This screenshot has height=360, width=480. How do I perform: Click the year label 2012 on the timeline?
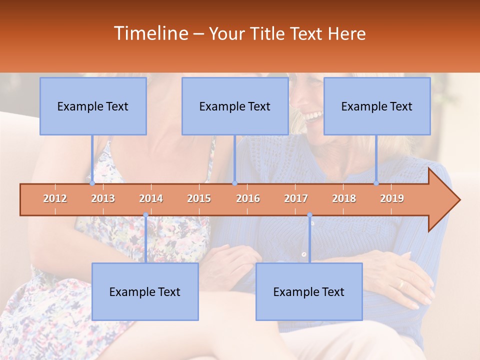[x=55, y=198]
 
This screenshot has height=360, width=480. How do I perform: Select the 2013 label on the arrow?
[x=103, y=198]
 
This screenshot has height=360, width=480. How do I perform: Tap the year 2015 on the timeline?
[x=199, y=198]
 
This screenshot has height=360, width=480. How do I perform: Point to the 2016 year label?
[x=248, y=198]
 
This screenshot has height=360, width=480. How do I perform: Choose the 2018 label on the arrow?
[x=344, y=198]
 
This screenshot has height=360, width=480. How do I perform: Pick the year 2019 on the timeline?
[x=392, y=198]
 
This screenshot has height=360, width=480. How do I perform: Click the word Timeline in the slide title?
[x=150, y=33]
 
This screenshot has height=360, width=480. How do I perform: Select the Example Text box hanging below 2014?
[x=145, y=291]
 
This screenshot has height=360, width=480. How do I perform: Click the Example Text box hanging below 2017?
[x=309, y=291]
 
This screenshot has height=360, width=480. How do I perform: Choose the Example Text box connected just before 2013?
[x=93, y=106]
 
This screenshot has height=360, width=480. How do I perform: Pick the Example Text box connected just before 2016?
[x=235, y=106]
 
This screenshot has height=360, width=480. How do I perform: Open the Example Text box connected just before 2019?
[x=377, y=106]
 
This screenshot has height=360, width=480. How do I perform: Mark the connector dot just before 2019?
[x=376, y=183]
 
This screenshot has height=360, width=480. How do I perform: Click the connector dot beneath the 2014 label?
[x=145, y=215]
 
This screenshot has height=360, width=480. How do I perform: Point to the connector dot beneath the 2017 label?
[x=309, y=215]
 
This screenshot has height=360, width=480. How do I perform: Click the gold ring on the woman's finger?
[x=400, y=284]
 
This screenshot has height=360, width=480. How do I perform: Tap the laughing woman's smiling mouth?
[x=313, y=117]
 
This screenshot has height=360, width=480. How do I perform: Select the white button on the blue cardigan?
[x=303, y=255]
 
